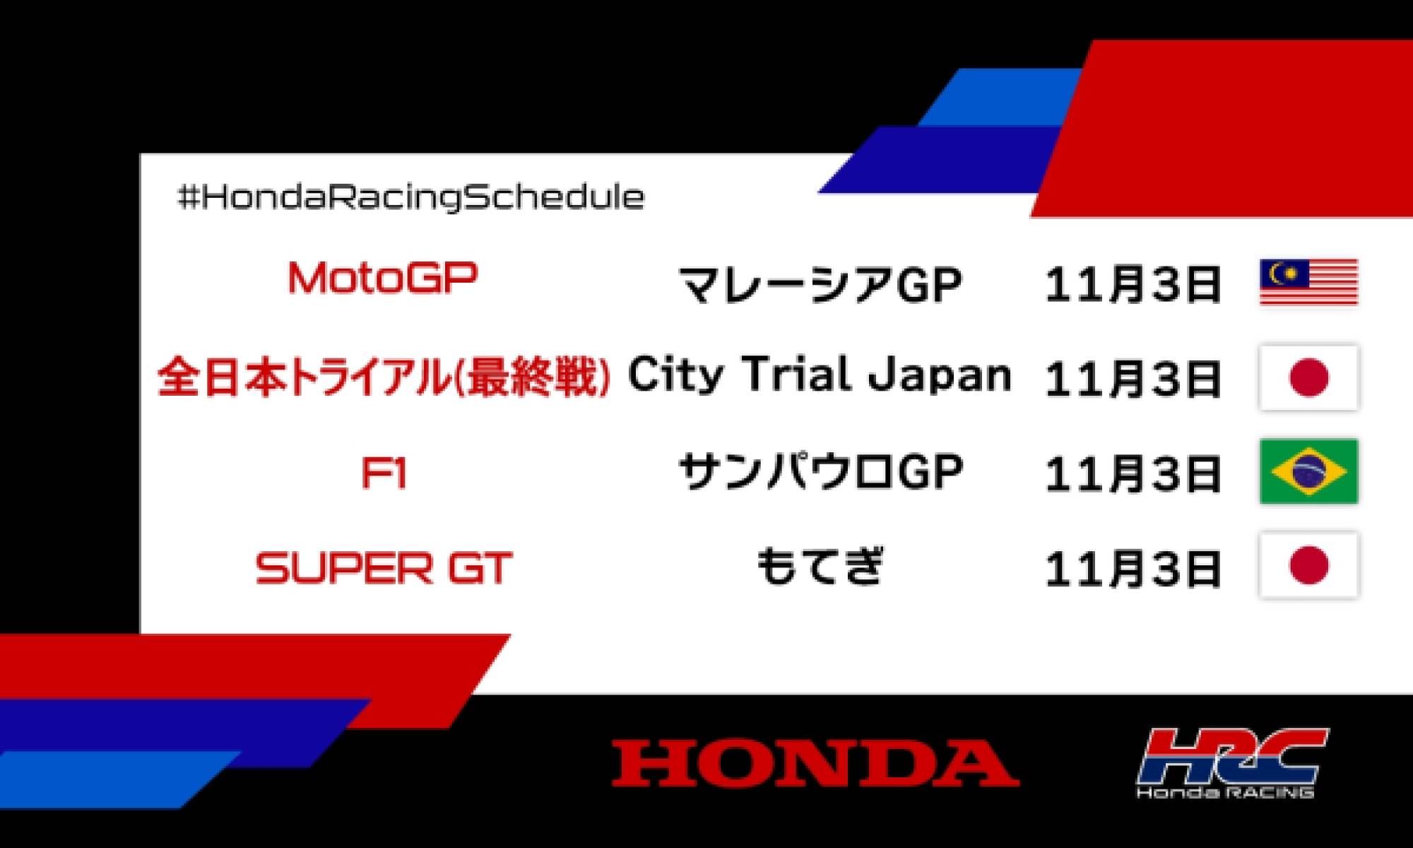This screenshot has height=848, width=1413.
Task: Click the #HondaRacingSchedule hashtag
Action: pyautogui.click(x=411, y=197)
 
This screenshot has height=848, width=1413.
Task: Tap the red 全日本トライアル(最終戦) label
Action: pyautogui.click(x=384, y=377)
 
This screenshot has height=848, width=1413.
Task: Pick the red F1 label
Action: pyautogui.click(x=384, y=473)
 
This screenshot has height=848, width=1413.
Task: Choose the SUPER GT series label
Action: pyautogui.click(x=384, y=568)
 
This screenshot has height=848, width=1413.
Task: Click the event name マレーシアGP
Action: pyautogui.click(x=820, y=284)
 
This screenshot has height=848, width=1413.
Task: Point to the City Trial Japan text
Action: pyautogui.click(x=820, y=375)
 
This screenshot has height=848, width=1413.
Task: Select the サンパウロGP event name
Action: pyautogui.click(x=820, y=472)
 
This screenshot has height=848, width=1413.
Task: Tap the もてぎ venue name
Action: pyautogui.click(x=820, y=567)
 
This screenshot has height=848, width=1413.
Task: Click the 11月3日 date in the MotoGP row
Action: pyautogui.click(x=1133, y=284)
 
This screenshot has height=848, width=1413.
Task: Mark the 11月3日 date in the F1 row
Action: pyautogui.click(x=1133, y=473)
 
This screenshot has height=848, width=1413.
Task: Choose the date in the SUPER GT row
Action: pyautogui.click(x=1133, y=568)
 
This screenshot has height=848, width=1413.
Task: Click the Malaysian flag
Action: pyautogui.click(x=1308, y=282)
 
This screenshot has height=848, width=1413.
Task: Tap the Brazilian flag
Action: pyautogui.click(x=1308, y=471)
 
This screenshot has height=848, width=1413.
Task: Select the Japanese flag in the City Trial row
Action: pyautogui.click(x=1308, y=377)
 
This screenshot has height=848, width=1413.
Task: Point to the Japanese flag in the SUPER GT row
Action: pyautogui.click(x=1308, y=565)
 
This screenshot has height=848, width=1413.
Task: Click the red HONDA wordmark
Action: pyautogui.click(x=815, y=763)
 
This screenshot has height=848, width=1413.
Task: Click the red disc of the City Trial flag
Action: pyautogui.click(x=1308, y=377)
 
